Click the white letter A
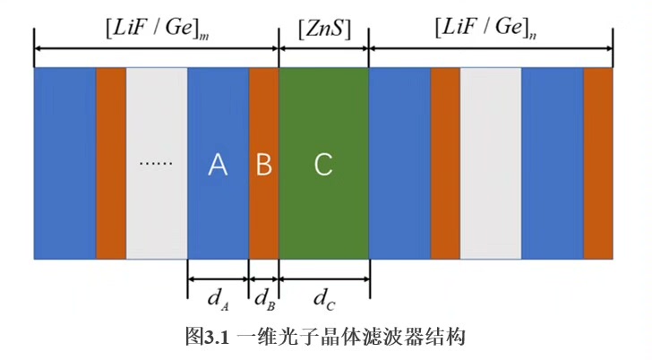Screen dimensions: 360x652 coord(218,165)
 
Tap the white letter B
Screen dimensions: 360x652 coord(263,165)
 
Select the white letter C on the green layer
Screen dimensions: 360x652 coord(323,165)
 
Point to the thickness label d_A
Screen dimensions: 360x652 coord(219,299)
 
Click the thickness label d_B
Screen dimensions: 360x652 coord(263,299)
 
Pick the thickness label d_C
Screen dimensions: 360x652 coord(324,299)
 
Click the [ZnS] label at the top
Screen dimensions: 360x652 coord(323,29)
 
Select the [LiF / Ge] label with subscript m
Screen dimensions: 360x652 coord(158,29)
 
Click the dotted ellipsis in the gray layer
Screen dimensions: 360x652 coord(155,164)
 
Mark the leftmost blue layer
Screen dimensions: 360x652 coord(64,164)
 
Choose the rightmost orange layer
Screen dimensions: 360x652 coord(598,164)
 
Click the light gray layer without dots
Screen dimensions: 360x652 coord(490,164)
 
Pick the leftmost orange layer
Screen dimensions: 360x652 coord(111,164)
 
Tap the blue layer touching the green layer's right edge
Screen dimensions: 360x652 coord(399,164)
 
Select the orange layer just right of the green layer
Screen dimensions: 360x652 coord(445,164)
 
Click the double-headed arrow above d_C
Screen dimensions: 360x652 coord(324,279)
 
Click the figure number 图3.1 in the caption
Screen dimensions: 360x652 coord(208,338)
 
